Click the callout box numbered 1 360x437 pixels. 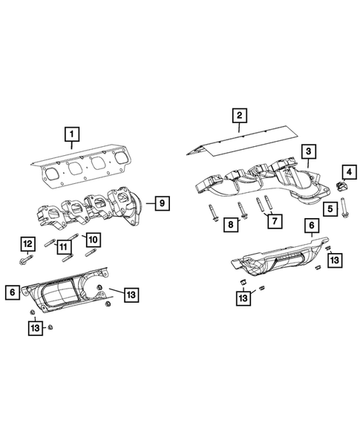(71, 134)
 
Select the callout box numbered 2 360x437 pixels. (238, 115)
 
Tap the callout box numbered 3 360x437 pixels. (305, 152)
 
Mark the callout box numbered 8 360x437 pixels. (231, 223)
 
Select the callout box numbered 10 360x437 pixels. (93, 239)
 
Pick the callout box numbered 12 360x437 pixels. (27, 243)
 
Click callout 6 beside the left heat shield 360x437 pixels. (13, 293)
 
